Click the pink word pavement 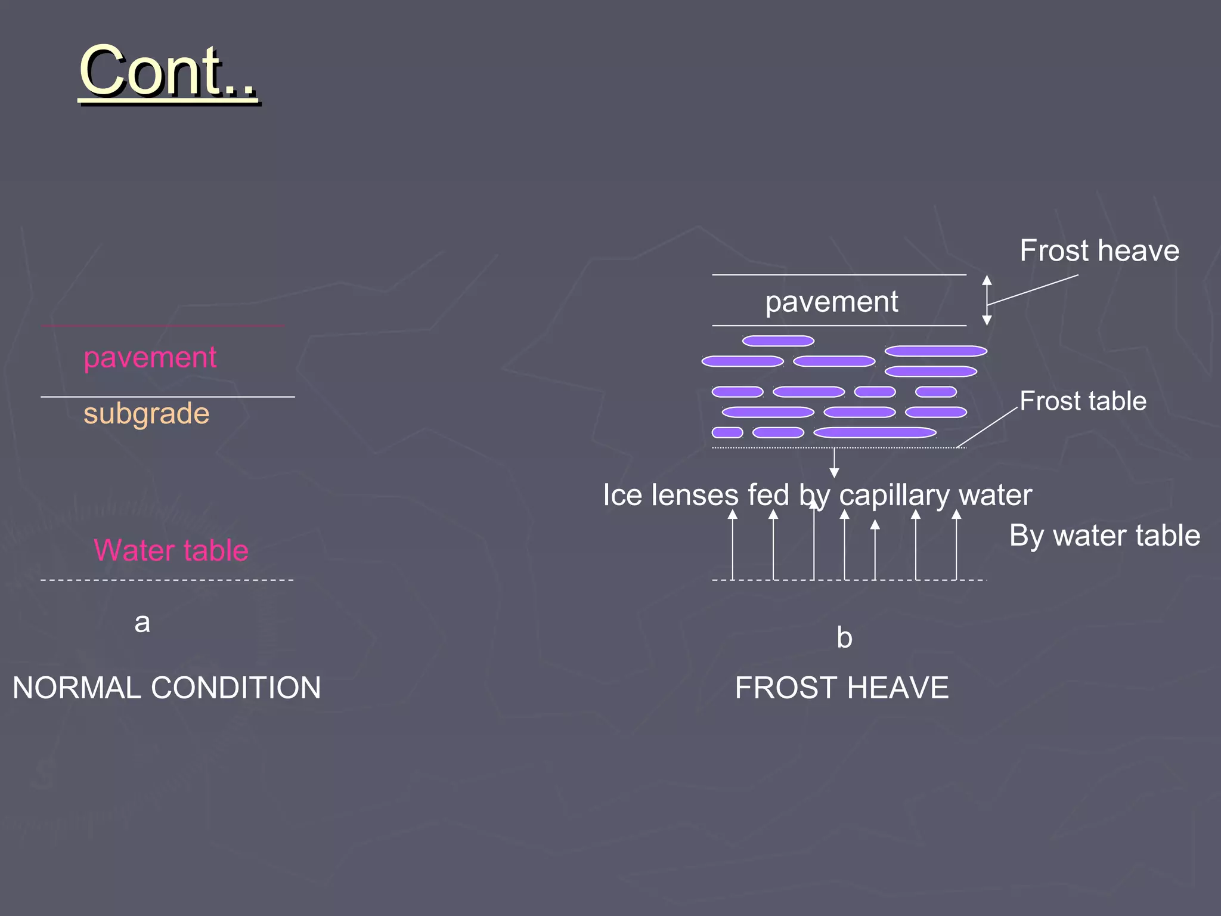[150, 358]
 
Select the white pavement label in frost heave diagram [832, 302]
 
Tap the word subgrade [147, 413]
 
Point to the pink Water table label [171, 550]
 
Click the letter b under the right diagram [844, 638]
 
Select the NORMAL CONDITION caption [167, 688]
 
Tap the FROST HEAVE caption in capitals [842, 688]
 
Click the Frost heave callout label [1099, 250]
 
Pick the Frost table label [1083, 401]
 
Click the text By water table [1105, 536]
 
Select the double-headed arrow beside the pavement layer [987, 300]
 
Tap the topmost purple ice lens [778, 341]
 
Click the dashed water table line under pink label [167, 580]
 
